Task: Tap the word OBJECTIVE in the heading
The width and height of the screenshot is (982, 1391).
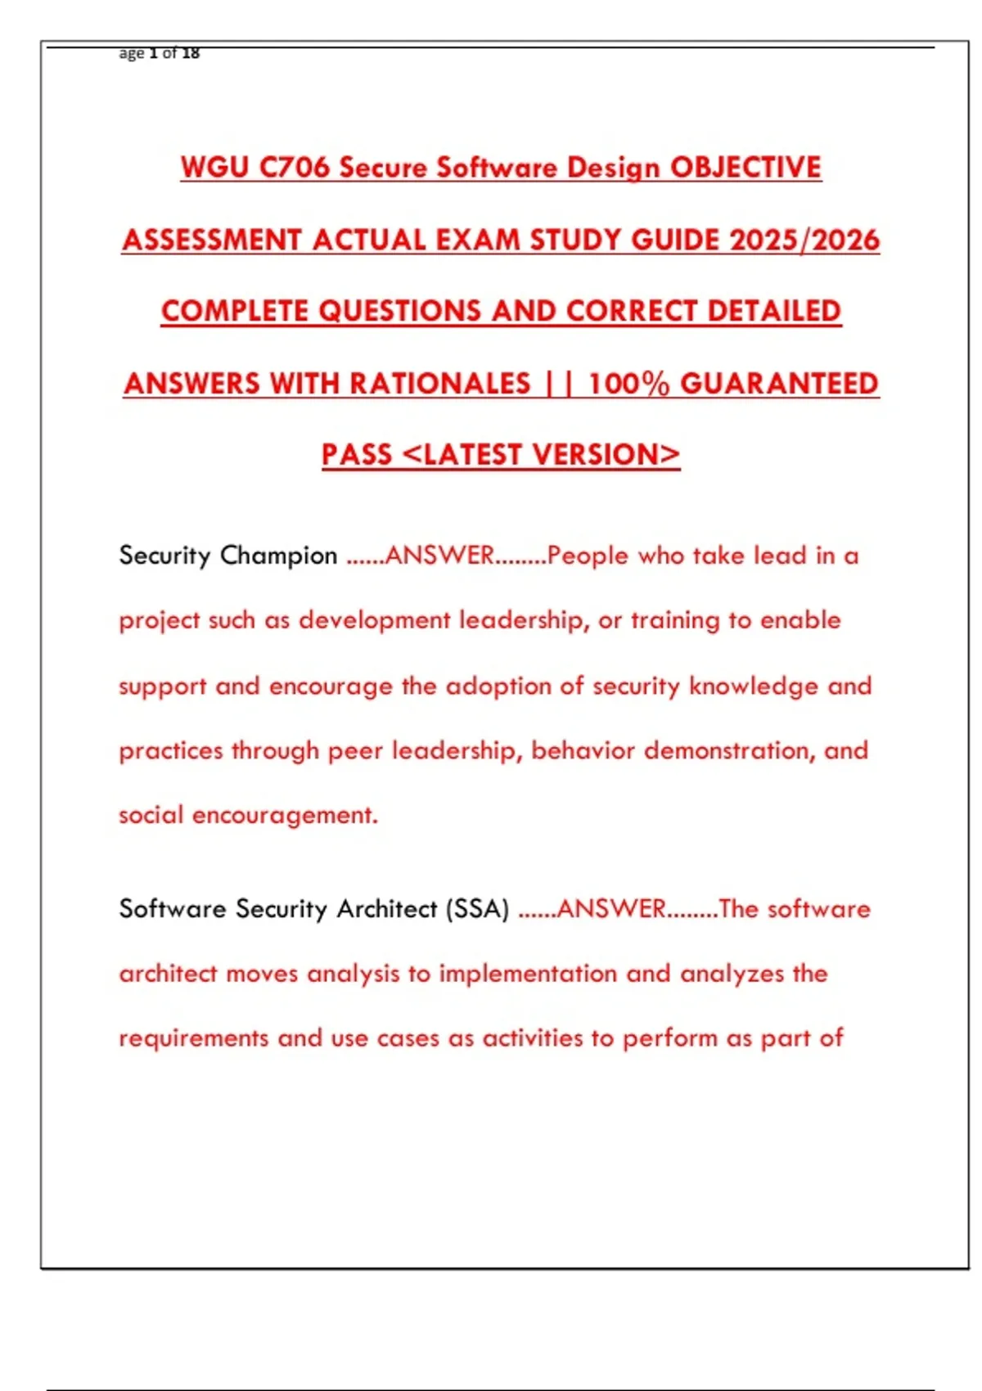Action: point(746,168)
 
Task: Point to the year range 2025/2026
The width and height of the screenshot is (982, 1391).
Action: point(804,240)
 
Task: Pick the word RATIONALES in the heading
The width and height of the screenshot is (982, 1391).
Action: point(440,383)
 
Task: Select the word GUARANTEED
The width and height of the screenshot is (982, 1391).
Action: point(779,383)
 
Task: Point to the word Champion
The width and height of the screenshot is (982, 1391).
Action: point(278,556)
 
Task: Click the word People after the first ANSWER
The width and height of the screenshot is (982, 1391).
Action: point(588,556)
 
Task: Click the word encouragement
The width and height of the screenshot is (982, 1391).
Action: point(285,815)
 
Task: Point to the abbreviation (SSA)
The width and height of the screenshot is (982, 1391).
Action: point(478,909)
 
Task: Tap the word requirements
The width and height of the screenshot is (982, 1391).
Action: point(194,1038)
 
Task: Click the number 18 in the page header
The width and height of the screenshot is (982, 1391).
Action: point(191,53)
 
